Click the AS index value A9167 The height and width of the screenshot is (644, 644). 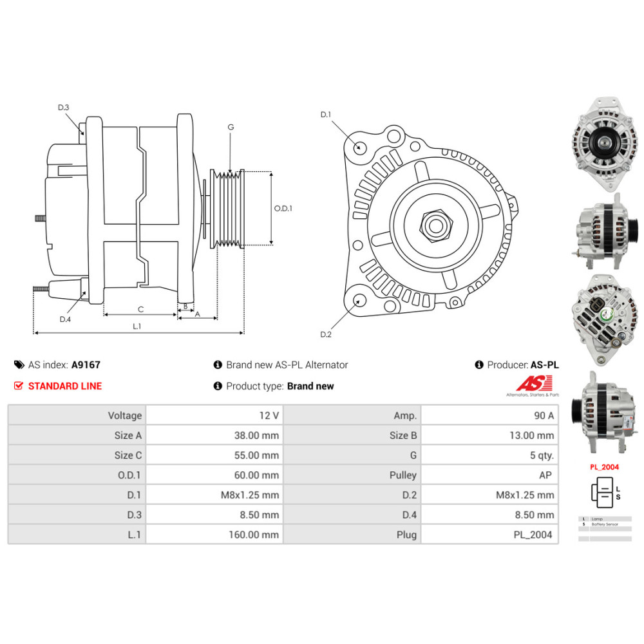(x=86, y=365)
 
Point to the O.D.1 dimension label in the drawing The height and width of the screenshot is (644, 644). (x=283, y=209)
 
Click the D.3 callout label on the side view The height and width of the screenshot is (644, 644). (x=63, y=108)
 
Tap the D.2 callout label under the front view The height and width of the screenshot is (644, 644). (x=326, y=334)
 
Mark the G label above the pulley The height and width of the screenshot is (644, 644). (x=230, y=128)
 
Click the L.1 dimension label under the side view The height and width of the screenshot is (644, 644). (x=137, y=327)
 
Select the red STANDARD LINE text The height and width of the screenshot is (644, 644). (x=65, y=386)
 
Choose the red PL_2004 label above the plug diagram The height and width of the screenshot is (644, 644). (x=605, y=467)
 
